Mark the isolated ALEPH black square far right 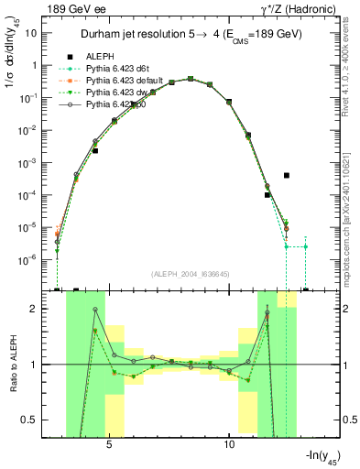click(287, 175)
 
